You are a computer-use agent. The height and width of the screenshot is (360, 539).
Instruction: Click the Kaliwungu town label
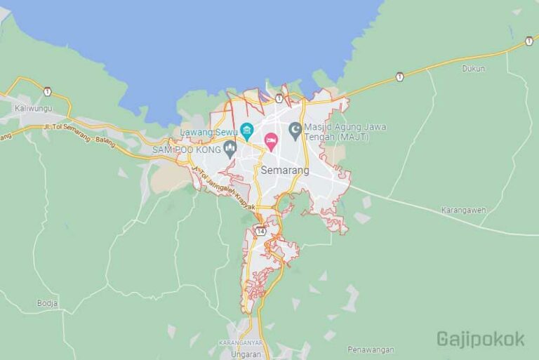tap(34, 109)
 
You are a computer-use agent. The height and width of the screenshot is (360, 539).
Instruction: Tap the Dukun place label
tap(474, 68)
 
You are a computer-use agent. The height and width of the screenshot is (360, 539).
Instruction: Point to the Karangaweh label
tap(463, 210)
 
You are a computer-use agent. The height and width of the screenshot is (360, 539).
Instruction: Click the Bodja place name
tap(47, 303)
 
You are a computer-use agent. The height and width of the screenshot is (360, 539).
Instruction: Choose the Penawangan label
tap(370, 349)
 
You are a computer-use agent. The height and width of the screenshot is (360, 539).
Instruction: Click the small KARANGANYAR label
tap(239, 342)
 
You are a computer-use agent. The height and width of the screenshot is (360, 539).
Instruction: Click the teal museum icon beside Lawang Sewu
tap(246, 129)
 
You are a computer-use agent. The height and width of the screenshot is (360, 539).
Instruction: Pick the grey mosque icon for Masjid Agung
tap(295, 129)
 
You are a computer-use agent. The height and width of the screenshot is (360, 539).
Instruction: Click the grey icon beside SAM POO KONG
tap(229, 148)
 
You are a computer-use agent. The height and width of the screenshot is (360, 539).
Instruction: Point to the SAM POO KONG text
tap(186, 149)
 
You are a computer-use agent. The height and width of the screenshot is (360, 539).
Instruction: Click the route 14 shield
tap(261, 230)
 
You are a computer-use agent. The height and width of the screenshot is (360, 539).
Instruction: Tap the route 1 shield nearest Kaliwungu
tap(47, 92)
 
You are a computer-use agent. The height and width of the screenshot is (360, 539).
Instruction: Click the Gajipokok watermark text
tap(481, 339)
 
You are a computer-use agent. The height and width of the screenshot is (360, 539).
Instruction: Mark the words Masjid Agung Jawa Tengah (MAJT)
tap(345, 131)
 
